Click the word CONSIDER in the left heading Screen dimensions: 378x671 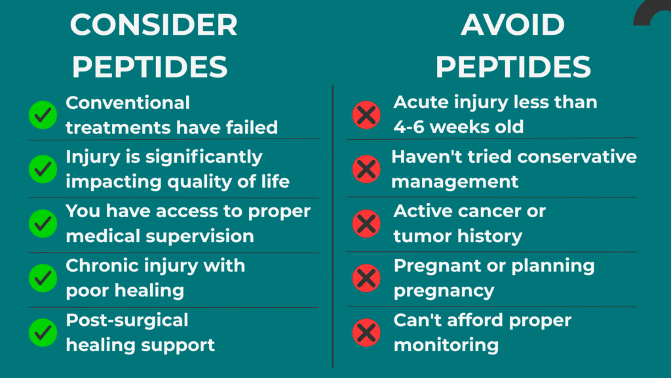pos(153,26)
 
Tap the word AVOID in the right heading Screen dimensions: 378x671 pos(512,26)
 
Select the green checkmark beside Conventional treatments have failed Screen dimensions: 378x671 pos(43,115)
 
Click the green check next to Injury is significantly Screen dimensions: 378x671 pos(43,169)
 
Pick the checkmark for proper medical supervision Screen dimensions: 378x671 pos(43,224)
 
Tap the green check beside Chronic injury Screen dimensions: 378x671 pos(43,278)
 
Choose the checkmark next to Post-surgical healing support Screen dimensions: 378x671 pos(43,333)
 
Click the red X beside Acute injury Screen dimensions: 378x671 pos(366,115)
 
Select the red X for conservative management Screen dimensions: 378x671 pos(366,169)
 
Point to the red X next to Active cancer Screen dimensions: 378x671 pos(366,224)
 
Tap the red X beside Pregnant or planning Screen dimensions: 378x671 pos(366,278)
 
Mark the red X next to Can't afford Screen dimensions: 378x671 pos(366,333)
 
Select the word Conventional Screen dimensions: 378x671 pos(128,103)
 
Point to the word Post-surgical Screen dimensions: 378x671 pos(127,320)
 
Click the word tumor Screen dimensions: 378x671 pos(419,236)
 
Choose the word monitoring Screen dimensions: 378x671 pos(446,345)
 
